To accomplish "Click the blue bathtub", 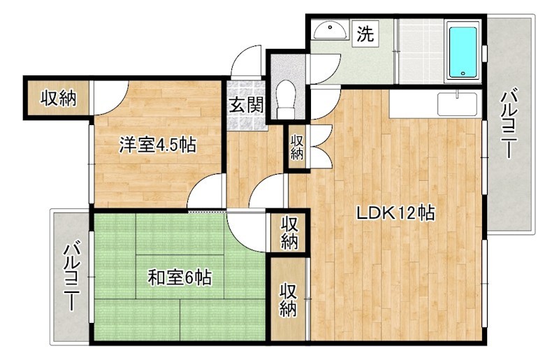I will point(462,52).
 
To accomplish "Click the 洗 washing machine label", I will point(365,33).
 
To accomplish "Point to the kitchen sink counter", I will point(457,104).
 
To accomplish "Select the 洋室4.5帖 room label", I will point(157,145).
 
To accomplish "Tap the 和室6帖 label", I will point(180,278).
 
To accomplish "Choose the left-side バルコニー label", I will point(72,276).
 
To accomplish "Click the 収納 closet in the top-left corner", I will point(57,99).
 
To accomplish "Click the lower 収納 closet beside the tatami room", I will point(288,298).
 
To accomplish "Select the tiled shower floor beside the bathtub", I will point(421,50).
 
